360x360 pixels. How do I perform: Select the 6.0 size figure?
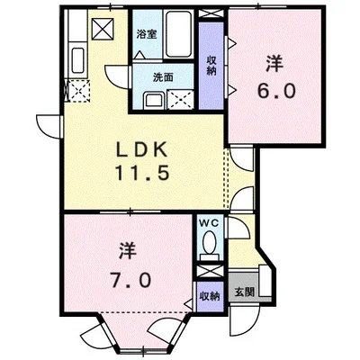[x=274, y=91]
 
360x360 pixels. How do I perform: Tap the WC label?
[x=209, y=221]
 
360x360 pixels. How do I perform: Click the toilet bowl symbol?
[x=209, y=243]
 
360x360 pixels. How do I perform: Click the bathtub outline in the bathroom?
[x=175, y=36]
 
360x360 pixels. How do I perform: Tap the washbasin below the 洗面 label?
[x=148, y=98]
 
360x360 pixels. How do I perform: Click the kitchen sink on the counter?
[x=76, y=63]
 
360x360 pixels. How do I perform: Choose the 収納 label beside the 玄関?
[x=209, y=294]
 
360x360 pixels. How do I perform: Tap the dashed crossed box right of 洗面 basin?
[x=181, y=98]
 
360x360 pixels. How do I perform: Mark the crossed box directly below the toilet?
[x=209, y=267]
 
